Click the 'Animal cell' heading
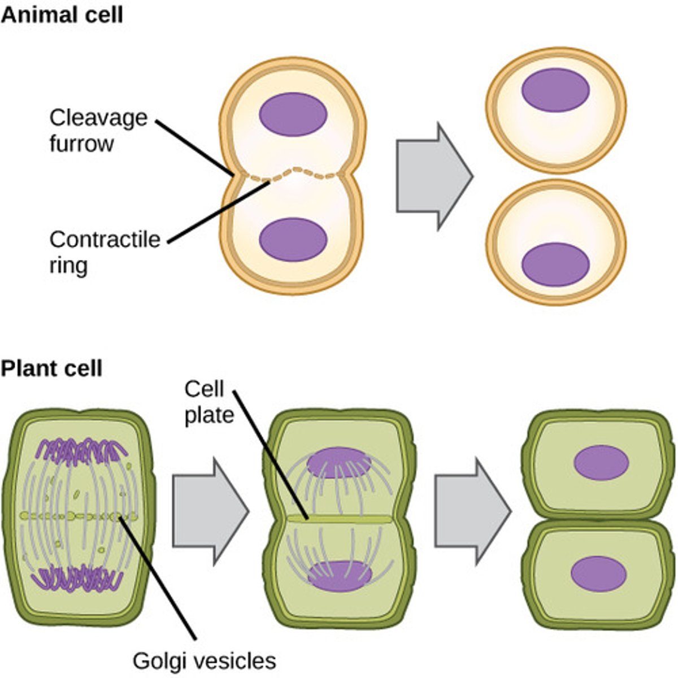pyautogui.click(x=61, y=15)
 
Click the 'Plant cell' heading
pyautogui.click(x=51, y=368)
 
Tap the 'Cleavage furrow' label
pyautogui.click(x=98, y=131)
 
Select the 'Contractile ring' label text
pyautogui.click(x=104, y=252)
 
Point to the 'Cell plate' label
pyautogui.click(x=208, y=402)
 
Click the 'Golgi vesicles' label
pyautogui.click(x=204, y=660)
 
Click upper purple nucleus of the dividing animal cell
pyautogui.click(x=293, y=115)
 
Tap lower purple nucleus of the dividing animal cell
pyautogui.click(x=293, y=240)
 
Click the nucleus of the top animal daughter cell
pyautogui.click(x=555, y=90)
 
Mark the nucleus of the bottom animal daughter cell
pyautogui.click(x=555, y=264)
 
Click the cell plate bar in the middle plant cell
pyautogui.click(x=339, y=518)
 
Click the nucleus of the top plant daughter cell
pyautogui.click(x=601, y=463)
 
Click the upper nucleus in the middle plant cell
pyautogui.click(x=339, y=463)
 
